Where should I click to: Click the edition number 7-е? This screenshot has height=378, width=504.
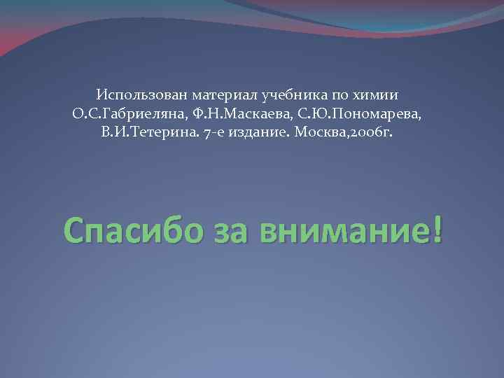[x=201, y=132]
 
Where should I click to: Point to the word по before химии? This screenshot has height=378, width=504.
[x=341, y=94]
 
